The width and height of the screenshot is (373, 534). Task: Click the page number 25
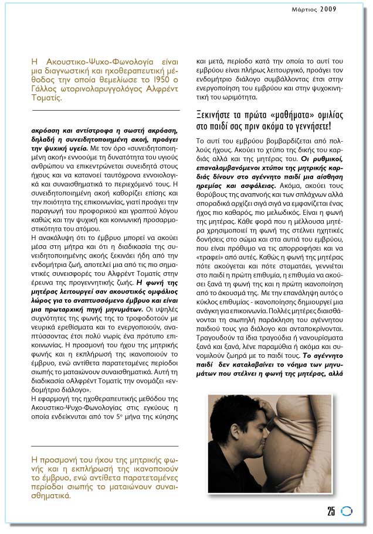tap(331, 511)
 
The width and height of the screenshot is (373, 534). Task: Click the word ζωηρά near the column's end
tap(235, 355)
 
